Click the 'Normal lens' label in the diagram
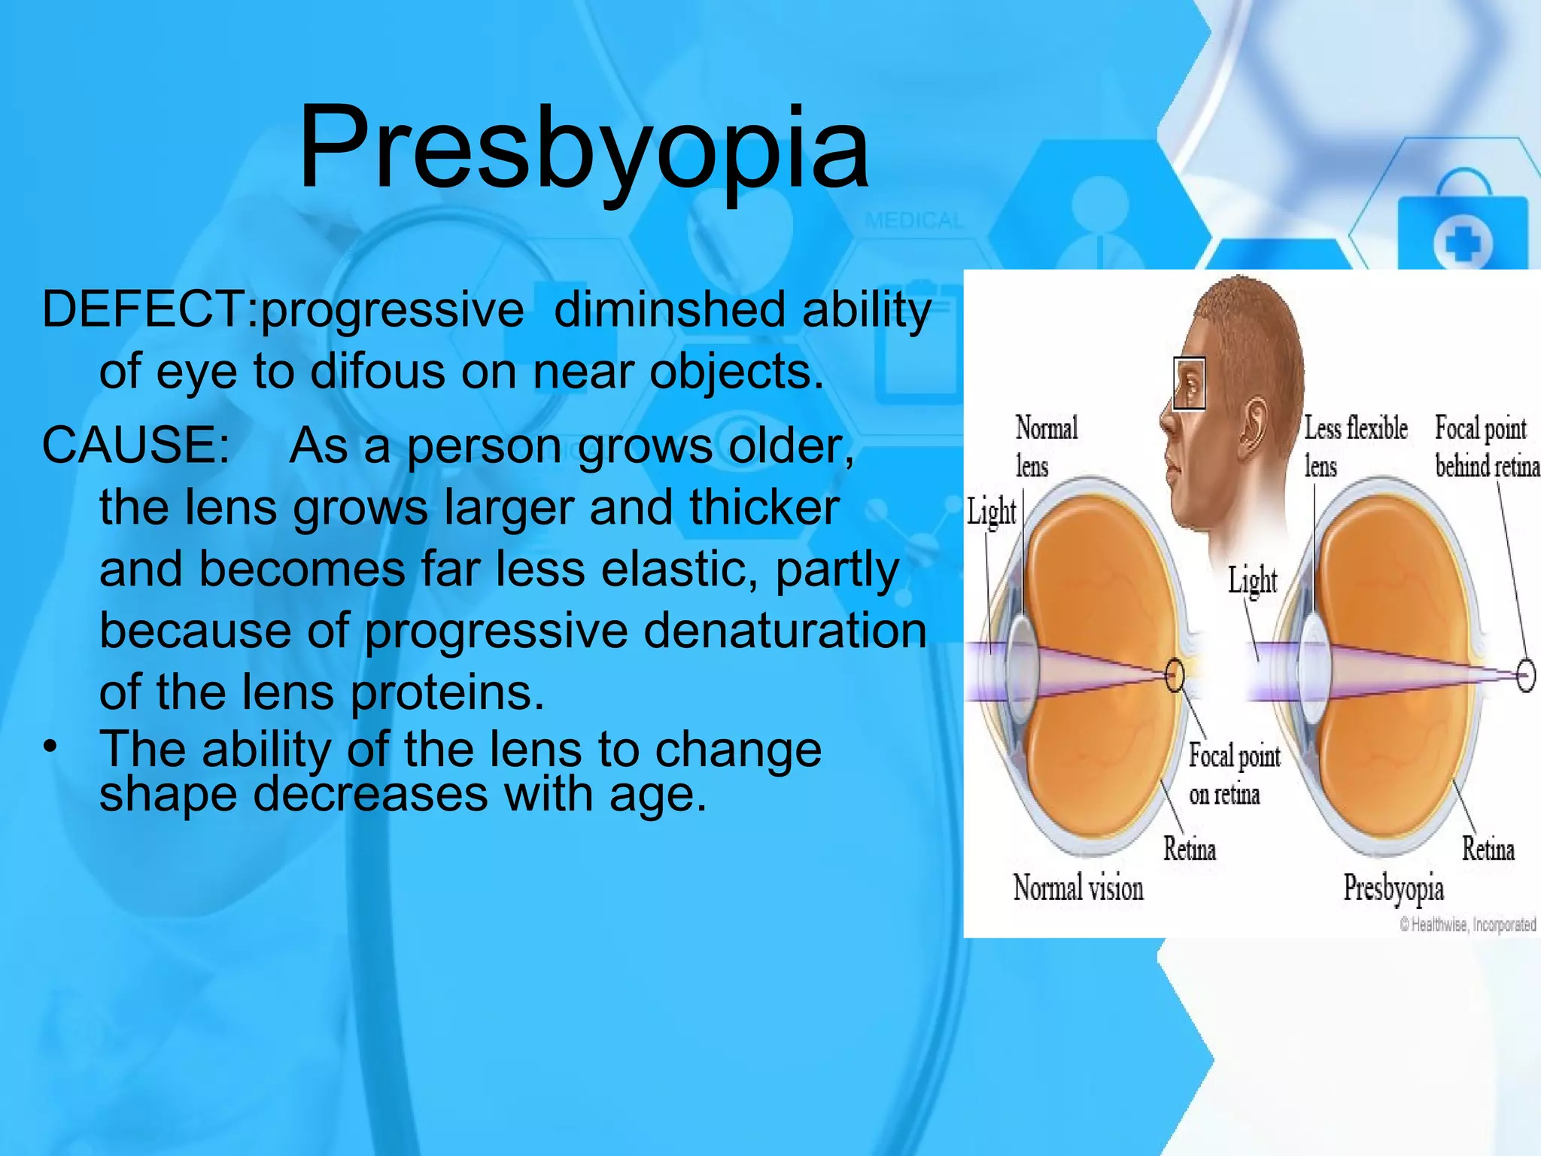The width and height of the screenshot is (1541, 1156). coord(1046,446)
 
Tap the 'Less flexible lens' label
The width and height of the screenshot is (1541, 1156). coord(1355,446)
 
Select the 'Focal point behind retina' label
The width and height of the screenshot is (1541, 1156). coord(1486,446)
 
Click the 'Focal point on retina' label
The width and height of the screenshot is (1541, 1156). coord(1234,774)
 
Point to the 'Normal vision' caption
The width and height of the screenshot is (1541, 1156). coord(1077,888)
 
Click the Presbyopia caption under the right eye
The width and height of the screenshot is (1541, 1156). coord(1394,888)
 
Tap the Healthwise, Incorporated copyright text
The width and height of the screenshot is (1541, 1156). coord(1467,924)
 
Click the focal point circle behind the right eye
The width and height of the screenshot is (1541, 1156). coord(1525,675)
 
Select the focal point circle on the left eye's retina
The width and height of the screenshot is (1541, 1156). coord(1175,674)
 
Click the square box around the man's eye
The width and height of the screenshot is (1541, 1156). coord(1189,384)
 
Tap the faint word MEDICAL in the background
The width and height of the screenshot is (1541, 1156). coord(914,221)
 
